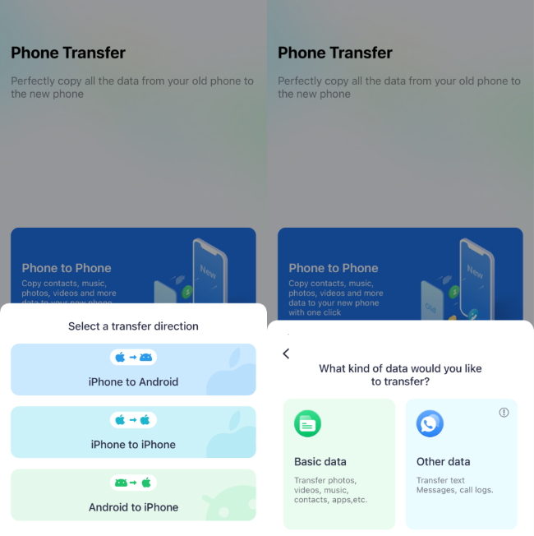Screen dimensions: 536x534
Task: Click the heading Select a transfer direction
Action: pos(133,326)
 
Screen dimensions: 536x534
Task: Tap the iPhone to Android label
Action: pos(133,381)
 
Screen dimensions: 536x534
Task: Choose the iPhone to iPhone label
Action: pos(133,445)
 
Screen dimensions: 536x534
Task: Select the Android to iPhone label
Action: pos(133,507)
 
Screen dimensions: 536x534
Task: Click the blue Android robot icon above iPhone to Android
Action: pos(145,358)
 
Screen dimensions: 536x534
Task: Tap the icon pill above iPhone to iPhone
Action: pos(133,420)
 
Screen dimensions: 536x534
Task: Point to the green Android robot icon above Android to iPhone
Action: pos(121,483)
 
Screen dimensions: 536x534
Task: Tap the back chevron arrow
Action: pos(286,353)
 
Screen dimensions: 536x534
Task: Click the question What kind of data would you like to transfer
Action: pos(400,375)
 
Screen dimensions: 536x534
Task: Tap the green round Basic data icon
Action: pos(307,423)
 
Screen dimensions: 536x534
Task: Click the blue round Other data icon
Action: pos(430,423)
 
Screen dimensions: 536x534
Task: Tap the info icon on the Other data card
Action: pos(504,413)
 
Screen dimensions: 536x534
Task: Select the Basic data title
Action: pos(320,462)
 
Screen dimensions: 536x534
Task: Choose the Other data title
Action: pos(443,462)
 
